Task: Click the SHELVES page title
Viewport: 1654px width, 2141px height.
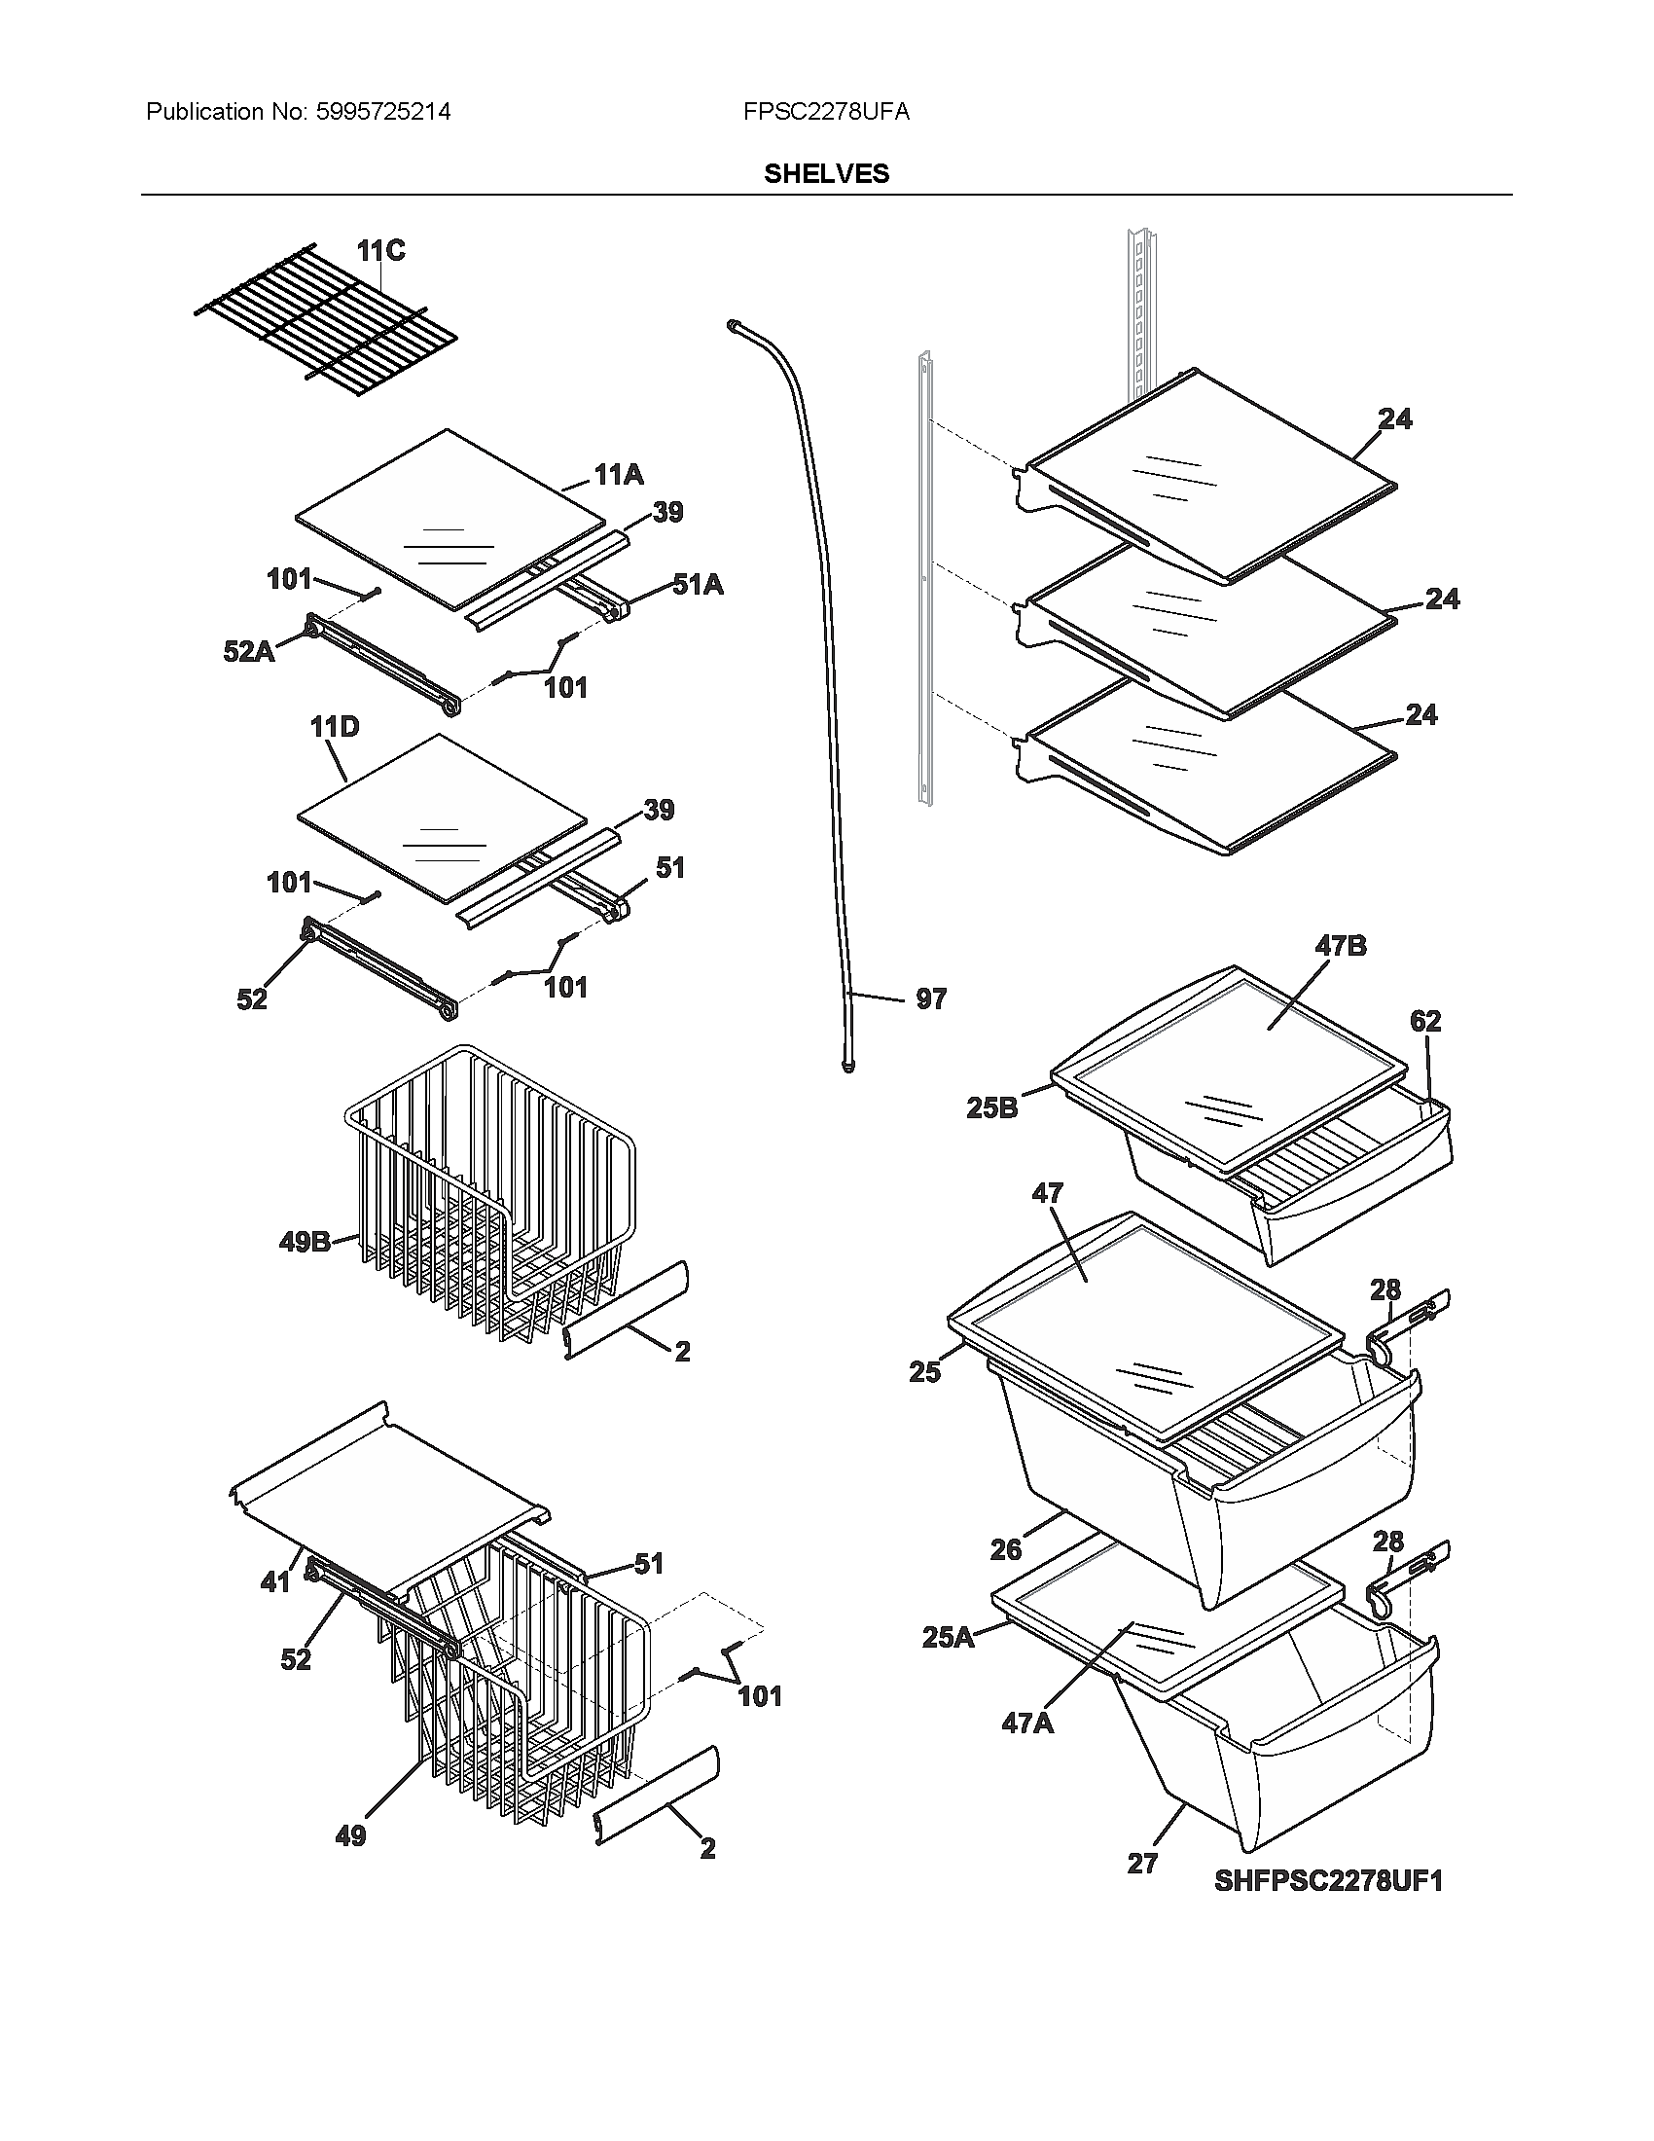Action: pos(826,173)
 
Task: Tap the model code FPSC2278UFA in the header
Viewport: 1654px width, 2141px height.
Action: pos(826,112)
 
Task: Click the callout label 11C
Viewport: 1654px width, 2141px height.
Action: pos(380,251)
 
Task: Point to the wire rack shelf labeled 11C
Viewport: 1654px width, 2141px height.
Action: pos(323,323)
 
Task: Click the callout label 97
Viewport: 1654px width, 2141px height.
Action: pos(931,998)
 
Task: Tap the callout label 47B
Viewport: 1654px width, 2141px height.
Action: pos(1340,946)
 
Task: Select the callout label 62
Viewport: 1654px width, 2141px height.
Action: pos(1425,1021)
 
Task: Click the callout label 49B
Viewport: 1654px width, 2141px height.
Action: pos(304,1242)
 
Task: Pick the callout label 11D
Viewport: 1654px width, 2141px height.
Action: pos(334,726)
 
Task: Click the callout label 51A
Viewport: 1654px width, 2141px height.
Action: pos(697,585)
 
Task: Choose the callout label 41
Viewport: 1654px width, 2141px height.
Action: pos(275,1581)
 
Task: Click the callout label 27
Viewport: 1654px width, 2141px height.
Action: pos(1142,1863)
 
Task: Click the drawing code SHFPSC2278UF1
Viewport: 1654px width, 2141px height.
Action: pos(1328,1880)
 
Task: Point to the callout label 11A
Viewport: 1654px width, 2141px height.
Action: pos(618,475)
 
